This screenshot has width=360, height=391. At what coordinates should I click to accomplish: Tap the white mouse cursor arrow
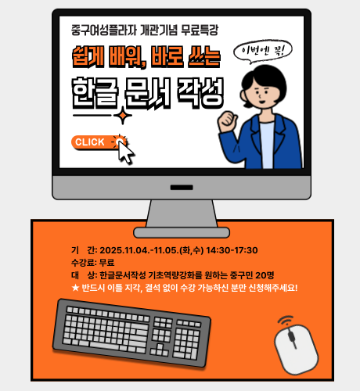[x=126, y=152]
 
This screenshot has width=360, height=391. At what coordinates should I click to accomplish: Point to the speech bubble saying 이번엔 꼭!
[x=263, y=52]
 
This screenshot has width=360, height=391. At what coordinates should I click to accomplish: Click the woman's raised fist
[x=228, y=122]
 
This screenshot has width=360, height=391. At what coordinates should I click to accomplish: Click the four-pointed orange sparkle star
[x=123, y=116]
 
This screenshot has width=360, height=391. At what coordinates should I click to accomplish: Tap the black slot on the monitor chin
[x=182, y=188]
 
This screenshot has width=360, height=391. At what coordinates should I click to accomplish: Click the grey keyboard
[x=131, y=333]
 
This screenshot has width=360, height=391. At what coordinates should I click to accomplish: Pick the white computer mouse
[x=297, y=349]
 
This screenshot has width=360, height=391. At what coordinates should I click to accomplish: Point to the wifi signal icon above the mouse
[x=286, y=321]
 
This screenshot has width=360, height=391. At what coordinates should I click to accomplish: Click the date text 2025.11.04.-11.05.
[x=139, y=250]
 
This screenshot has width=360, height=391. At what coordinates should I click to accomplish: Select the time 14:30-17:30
[x=232, y=250]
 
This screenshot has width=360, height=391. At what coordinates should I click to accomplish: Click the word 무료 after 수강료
[x=106, y=263]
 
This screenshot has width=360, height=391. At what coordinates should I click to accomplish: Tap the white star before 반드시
[x=75, y=288]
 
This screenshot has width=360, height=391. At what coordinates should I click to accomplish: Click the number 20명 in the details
[x=265, y=275]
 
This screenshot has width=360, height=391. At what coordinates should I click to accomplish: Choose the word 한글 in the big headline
[x=95, y=93]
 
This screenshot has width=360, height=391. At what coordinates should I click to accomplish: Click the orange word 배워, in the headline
[x=128, y=57]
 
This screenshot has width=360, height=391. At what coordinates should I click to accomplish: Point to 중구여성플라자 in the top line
[x=104, y=30]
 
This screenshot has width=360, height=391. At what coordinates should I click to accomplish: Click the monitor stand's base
[x=182, y=232]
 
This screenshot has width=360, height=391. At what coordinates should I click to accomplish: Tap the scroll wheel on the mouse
[x=291, y=336]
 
